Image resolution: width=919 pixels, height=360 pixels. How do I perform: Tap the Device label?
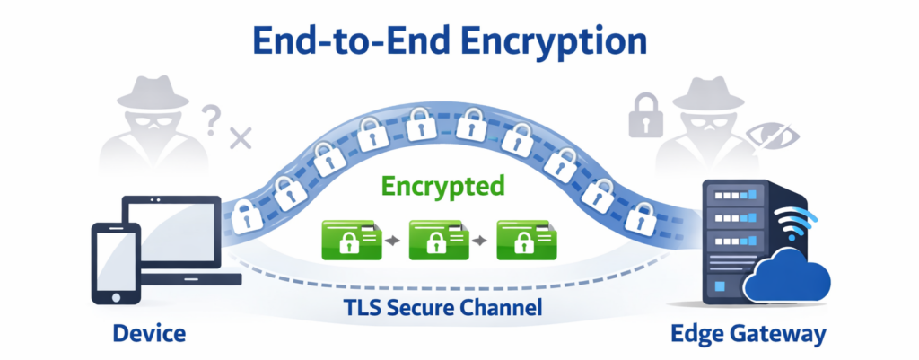[149, 335]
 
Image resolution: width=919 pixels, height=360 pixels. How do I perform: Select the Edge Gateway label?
[748, 335]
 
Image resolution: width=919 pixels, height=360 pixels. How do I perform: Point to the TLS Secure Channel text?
[442, 309]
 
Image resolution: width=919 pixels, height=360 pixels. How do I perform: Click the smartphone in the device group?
[116, 264]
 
